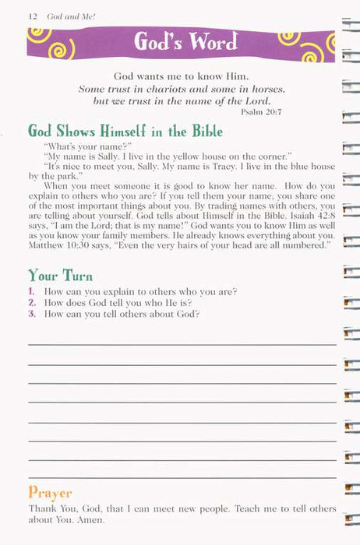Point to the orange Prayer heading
50,492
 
